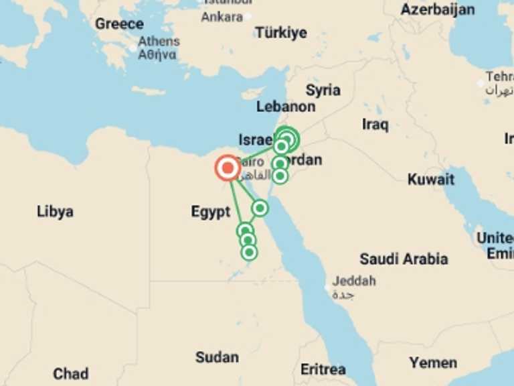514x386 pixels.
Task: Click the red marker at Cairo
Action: [228, 168]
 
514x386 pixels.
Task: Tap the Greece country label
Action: [119, 24]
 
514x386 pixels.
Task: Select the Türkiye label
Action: [281, 32]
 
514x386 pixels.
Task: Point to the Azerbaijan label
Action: [438, 9]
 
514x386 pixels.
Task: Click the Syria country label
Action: [323, 90]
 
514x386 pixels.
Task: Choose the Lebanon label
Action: [286, 107]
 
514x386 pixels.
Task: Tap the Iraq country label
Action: [375, 124]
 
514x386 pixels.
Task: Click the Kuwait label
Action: [431, 179]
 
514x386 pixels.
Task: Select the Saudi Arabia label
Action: [404, 259]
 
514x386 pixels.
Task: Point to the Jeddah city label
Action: [354, 281]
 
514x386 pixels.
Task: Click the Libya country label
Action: [55, 212]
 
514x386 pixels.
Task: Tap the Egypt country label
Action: [211, 212]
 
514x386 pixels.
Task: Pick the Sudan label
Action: [217, 357]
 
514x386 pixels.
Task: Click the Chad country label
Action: [71, 373]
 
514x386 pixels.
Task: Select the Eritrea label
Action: [323, 369]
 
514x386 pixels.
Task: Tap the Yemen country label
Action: [433, 363]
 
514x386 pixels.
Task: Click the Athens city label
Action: [159, 42]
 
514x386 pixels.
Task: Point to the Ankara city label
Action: [222, 17]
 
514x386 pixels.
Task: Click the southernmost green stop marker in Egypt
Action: [249, 252]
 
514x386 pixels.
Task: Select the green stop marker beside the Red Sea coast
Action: [260, 208]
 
